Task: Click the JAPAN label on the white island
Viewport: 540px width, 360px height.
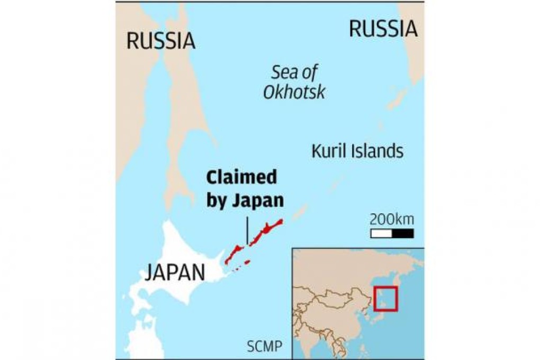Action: coord(175,273)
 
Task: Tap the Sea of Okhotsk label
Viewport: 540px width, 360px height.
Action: coord(294,82)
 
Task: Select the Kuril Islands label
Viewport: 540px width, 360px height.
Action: coord(357,151)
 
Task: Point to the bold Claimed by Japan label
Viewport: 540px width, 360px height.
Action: coord(244,188)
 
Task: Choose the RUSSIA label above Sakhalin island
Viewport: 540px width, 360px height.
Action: coord(160,40)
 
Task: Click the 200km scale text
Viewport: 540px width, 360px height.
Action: coord(392,219)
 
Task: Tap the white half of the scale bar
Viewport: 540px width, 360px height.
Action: coord(381,233)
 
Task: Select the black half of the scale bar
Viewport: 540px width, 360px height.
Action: coord(403,233)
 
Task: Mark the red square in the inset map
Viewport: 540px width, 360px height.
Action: coord(385,299)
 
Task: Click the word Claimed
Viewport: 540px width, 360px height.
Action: coord(242,177)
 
